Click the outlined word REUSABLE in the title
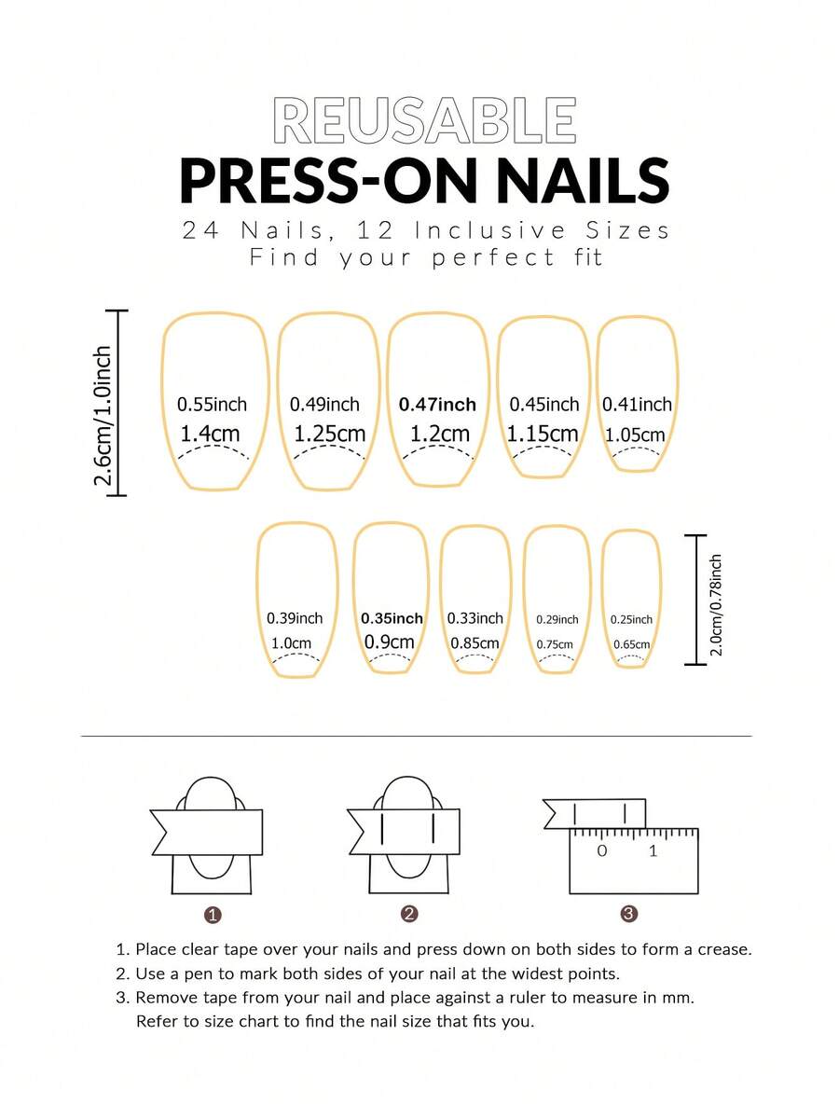[x=424, y=121]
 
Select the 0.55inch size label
[x=212, y=405]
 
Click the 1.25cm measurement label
[x=329, y=434]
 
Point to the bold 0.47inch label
[x=437, y=405]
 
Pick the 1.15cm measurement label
[x=543, y=434]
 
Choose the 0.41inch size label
[x=637, y=405]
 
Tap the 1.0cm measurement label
[x=291, y=642]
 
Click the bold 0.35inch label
[x=392, y=618]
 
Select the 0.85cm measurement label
[x=475, y=642]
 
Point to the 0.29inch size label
[x=557, y=619]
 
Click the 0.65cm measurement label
[x=631, y=644]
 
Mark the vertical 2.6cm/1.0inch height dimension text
[x=103, y=416]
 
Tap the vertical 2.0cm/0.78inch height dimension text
[x=716, y=605]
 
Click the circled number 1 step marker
[x=213, y=915]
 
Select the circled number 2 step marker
[x=409, y=914]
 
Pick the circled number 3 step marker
[x=628, y=914]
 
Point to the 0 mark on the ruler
[x=602, y=850]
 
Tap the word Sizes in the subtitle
[x=628, y=230]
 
